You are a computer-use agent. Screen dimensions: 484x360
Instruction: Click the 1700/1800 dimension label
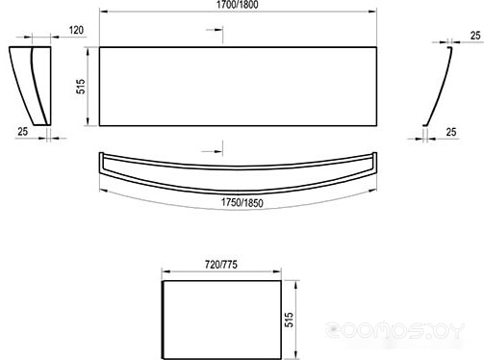coord(237,5)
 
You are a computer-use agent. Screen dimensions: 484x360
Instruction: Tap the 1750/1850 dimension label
coord(242,203)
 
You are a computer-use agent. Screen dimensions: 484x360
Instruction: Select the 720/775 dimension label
coord(221,265)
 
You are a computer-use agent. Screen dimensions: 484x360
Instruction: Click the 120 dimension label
coord(76,30)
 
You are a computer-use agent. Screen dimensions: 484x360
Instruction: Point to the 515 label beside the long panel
coord(82,87)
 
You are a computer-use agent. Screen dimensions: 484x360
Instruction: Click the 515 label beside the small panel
coord(289,320)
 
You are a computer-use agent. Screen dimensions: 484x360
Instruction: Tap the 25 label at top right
coord(475,36)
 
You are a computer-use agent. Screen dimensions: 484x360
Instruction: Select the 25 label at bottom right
coord(451,132)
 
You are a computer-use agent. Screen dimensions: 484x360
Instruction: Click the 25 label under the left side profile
coord(23,131)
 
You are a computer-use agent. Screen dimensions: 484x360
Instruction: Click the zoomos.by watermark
coord(395,330)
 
